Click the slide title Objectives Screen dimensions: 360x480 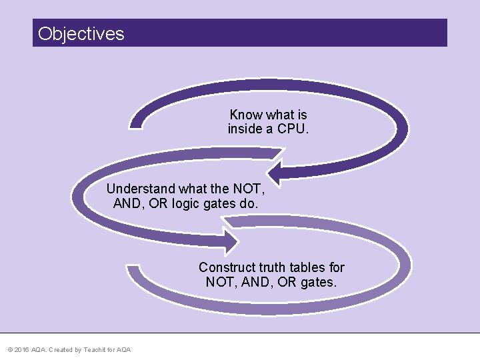coord(81,33)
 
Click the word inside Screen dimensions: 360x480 coord(245,129)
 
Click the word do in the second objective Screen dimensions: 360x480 coord(248,203)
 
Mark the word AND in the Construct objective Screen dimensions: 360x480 coord(255,282)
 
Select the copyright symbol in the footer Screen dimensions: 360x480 coord(9,350)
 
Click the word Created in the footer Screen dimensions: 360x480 coord(60,350)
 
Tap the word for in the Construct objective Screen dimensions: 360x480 coord(337,267)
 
